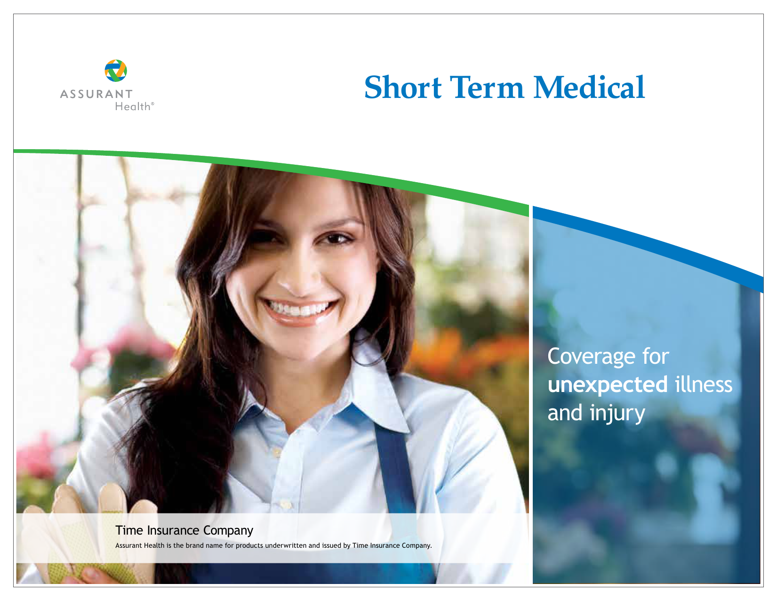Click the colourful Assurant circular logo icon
(x=115, y=71)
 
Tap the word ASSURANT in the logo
(x=96, y=94)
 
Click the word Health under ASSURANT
(x=133, y=106)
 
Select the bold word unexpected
(x=608, y=384)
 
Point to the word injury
(x=617, y=413)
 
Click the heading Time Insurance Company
(x=184, y=531)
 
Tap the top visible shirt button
(x=276, y=453)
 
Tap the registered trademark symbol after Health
(x=152, y=104)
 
